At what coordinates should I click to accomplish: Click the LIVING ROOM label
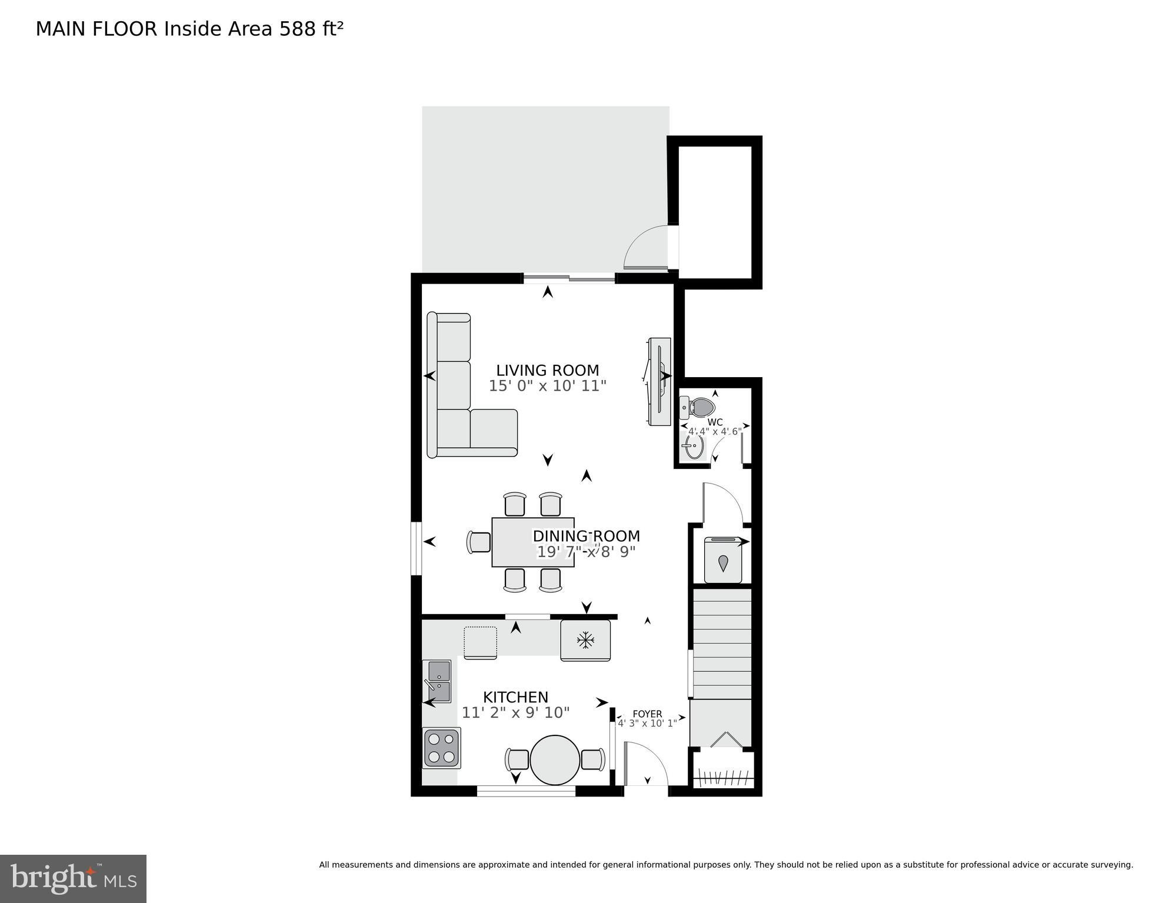click(547, 371)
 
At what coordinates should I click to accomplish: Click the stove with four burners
click(441, 748)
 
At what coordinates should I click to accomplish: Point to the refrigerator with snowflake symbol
click(585, 640)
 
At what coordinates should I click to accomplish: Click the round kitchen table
click(554, 759)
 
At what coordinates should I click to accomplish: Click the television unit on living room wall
click(660, 381)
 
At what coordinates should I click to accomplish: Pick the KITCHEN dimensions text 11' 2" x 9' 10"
click(515, 713)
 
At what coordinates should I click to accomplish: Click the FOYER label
click(647, 714)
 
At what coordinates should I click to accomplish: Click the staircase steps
click(722, 643)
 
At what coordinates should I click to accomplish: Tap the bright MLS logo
click(73, 878)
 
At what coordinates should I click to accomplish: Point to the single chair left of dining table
click(479, 542)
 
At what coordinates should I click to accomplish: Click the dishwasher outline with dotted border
click(480, 642)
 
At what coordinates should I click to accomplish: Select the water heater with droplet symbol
click(722, 561)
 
